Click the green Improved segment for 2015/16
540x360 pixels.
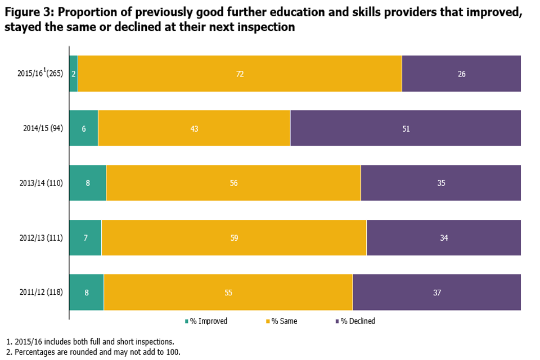[x=73, y=74]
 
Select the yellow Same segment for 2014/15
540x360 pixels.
[x=194, y=128]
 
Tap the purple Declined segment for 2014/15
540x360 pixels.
[x=406, y=128]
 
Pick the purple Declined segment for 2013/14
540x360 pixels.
[x=441, y=183]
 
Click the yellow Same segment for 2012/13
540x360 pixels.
[x=234, y=237]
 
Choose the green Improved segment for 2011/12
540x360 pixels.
[x=86, y=292]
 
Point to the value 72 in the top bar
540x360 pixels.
[x=240, y=74]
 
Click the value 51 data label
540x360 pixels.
[x=406, y=128]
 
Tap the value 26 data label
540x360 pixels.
[x=461, y=74]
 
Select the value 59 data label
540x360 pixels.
[x=234, y=237]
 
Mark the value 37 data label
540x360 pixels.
[x=436, y=292]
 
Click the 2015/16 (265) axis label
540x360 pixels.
[x=40, y=73]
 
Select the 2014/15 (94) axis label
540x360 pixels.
[x=43, y=128]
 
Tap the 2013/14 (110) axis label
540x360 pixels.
[x=41, y=183]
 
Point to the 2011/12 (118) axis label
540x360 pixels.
[x=41, y=292]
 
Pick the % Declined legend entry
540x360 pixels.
[x=355, y=321]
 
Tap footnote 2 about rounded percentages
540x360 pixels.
[x=93, y=352]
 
